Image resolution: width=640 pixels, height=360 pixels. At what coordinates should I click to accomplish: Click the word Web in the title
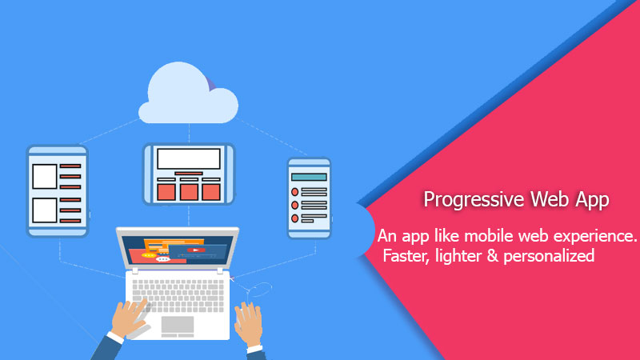pyautogui.click(x=550, y=200)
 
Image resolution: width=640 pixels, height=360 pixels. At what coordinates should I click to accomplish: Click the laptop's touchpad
pyautogui.click(x=178, y=324)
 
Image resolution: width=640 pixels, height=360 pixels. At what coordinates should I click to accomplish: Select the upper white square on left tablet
pyautogui.click(x=44, y=174)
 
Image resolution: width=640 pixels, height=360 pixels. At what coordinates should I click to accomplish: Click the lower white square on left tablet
pyautogui.click(x=44, y=210)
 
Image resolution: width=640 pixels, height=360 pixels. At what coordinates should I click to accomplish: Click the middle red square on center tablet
pyautogui.click(x=189, y=191)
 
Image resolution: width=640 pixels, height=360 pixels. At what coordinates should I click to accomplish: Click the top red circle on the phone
pyautogui.click(x=295, y=192)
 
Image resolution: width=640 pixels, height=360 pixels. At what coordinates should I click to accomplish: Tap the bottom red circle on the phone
pyautogui.click(x=295, y=218)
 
